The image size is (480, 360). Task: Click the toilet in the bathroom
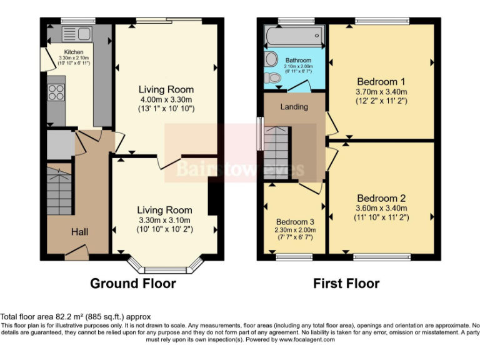click(x=272, y=78)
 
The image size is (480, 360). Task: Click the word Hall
click(x=79, y=232)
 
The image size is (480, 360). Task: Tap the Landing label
click(x=294, y=107)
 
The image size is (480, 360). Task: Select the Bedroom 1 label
click(x=381, y=81)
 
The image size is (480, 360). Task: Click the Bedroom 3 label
click(x=295, y=222)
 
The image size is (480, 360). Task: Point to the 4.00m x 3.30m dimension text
click(x=166, y=99)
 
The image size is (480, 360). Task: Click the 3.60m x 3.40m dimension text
click(x=381, y=208)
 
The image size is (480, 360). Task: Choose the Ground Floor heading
click(x=133, y=283)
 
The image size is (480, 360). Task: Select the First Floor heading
click(x=346, y=283)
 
